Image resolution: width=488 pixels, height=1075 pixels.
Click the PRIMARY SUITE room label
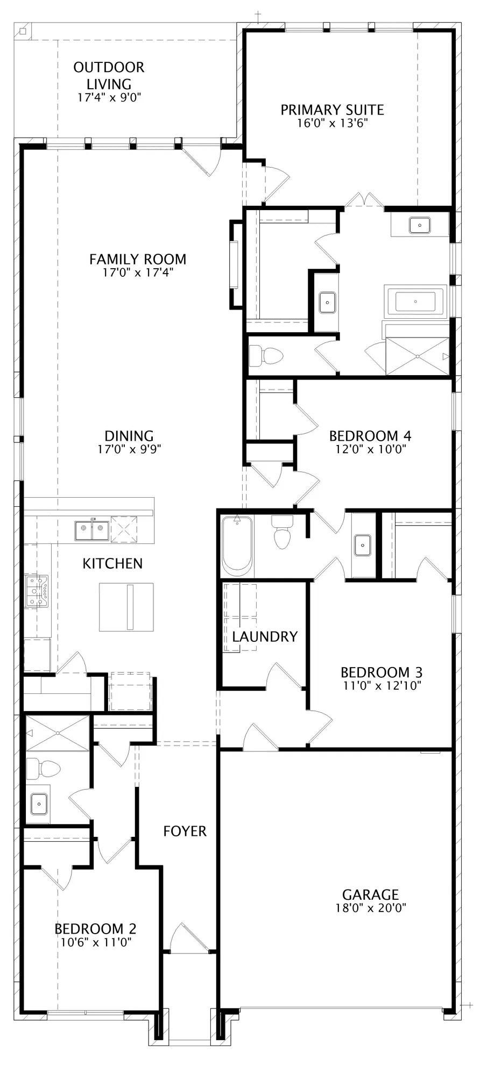tap(332, 110)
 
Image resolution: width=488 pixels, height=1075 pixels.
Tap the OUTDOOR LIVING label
tap(109, 75)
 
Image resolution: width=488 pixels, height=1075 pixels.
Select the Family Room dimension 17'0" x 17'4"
tap(138, 273)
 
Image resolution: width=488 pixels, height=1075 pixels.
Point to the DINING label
tap(129, 436)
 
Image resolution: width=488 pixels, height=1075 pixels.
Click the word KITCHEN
tap(112, 563)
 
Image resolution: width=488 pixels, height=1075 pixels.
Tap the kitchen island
tap(126, 607)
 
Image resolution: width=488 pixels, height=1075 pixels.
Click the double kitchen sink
tap(92, 529)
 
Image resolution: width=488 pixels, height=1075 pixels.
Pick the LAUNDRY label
tap(265, 636)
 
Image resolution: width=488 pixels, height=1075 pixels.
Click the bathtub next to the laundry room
tap(237, 546)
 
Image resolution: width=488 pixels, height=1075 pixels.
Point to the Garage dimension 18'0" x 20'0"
tap(370, 908)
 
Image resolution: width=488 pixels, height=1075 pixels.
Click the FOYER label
tap(185, 831)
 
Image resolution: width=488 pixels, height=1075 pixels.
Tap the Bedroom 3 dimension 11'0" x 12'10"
tap(381, 685)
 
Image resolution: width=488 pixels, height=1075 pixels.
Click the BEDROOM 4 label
tap(370, 435)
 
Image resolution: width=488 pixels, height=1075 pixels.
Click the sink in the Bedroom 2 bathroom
tap(39, 804)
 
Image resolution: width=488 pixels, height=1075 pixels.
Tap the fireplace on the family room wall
tap(235, 264)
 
